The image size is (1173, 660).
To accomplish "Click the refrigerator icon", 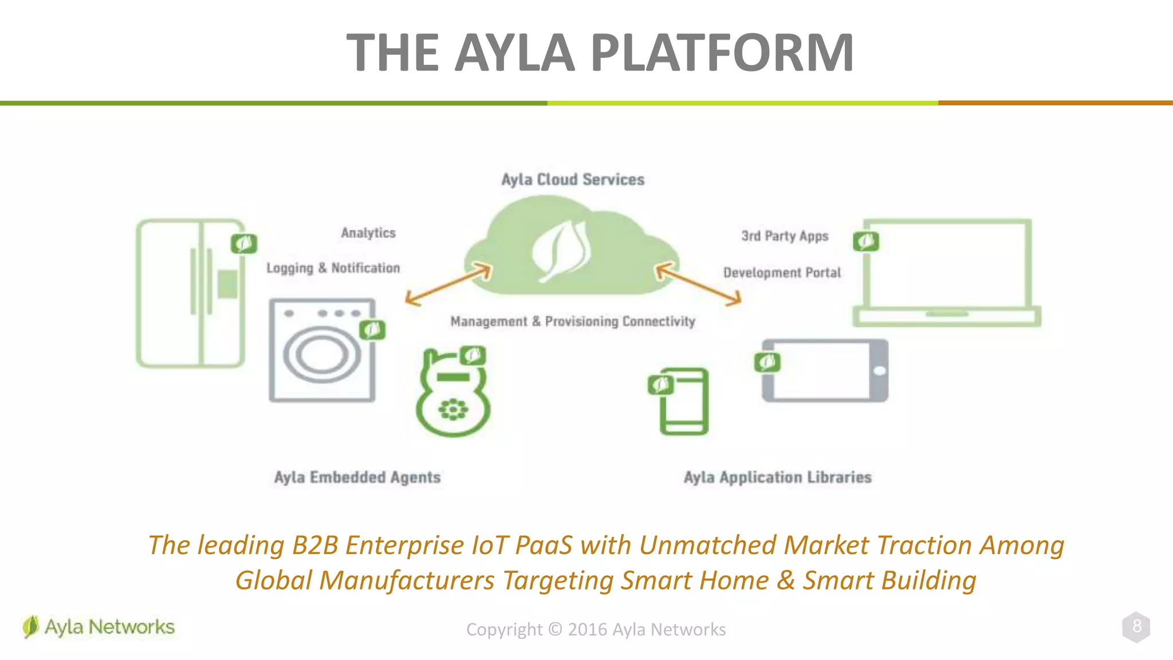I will click(191, 293).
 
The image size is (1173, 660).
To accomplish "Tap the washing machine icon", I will click(322, 350).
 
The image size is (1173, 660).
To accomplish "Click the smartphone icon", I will click(684, 402).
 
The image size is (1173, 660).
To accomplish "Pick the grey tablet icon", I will click(825, 371).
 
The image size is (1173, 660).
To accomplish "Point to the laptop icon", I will click(947, 273).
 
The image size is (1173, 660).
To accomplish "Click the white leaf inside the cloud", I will click(561, 250).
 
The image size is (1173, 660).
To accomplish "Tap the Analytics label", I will click(368, 233).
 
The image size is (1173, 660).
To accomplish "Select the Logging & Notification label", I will click(333, 268).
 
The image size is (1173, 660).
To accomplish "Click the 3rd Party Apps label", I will click(785, 236).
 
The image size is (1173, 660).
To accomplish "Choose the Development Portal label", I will click(782, 273).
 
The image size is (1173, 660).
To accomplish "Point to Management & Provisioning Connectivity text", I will click(573, 321).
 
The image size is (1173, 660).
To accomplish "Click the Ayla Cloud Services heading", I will click(573, 179).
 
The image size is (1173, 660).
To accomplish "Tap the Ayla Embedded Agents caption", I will click(357, 477).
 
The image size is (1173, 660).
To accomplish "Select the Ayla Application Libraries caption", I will click(777, 477).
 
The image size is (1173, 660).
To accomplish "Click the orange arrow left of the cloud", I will click(448, 284).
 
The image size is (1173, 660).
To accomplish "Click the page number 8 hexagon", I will click(1136, 627).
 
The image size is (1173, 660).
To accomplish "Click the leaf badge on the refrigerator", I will click(244, 243).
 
